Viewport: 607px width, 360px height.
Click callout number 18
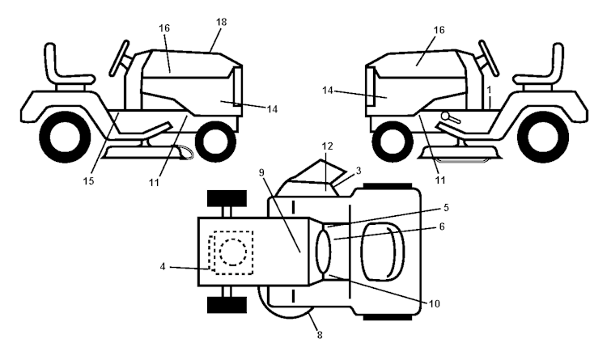[x=221, y=22]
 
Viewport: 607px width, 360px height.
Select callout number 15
[x=88, y=180]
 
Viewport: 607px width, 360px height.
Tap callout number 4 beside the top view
[x=163, y=266]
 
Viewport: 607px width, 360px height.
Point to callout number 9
[x=261, y=172]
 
